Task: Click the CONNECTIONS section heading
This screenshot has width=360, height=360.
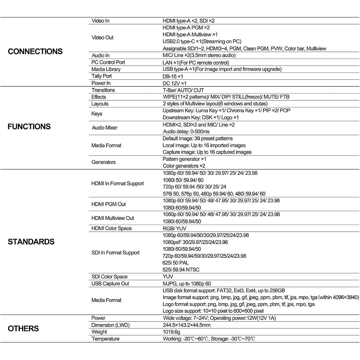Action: (35, 51)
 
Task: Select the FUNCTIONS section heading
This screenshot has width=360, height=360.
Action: (29, 127)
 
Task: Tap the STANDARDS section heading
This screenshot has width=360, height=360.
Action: (31, 242)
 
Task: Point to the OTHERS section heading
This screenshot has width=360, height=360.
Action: (23, 329)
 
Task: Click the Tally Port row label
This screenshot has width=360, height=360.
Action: (102, 76)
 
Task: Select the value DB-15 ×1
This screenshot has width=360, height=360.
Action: (173, 76)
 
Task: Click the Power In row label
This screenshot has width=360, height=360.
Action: (101, 83)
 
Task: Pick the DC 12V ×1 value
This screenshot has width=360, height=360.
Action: (175, 83)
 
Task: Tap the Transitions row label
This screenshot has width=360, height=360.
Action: (103, 90)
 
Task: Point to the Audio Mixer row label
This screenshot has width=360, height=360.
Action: (104, 128)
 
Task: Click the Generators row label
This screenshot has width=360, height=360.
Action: (104, 162)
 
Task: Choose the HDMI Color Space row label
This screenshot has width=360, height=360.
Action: (112, 228)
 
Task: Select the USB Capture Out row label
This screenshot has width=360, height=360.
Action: (111, 283)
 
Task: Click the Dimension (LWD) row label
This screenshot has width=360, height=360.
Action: (110, 325)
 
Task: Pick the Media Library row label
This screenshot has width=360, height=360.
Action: (106, 69)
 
